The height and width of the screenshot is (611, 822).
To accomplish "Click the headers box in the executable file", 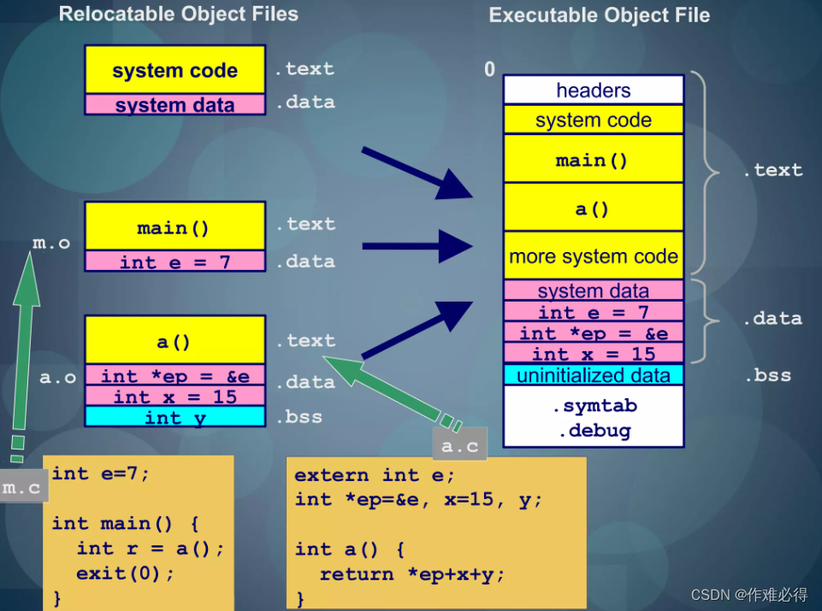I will (593, 90).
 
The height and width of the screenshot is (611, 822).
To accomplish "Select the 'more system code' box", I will (593, 256).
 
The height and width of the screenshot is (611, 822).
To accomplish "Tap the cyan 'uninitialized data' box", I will (593, 375).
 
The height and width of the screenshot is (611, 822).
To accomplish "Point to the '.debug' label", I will (594, 431).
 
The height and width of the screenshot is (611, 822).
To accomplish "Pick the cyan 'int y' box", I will (174, 417).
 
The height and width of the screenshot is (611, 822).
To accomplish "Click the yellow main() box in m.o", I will (174, 227).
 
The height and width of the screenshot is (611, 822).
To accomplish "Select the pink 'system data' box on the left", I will (174, 105).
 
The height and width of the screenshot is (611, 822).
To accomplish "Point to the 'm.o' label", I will (51, 244).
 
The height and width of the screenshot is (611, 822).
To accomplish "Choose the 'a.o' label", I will (58, 377).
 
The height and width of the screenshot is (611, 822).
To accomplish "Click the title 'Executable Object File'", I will (599, 15).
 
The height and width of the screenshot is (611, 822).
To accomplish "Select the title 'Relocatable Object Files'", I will (179, 14).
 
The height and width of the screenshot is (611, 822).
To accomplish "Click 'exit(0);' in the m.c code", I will (125, 573).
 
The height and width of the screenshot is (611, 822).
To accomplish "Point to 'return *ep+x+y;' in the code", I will (412, 574).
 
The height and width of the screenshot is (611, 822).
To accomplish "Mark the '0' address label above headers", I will (489, 70).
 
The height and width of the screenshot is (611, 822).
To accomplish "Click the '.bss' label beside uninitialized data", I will (766, 375).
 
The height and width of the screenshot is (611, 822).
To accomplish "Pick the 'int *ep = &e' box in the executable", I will (593, 333).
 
